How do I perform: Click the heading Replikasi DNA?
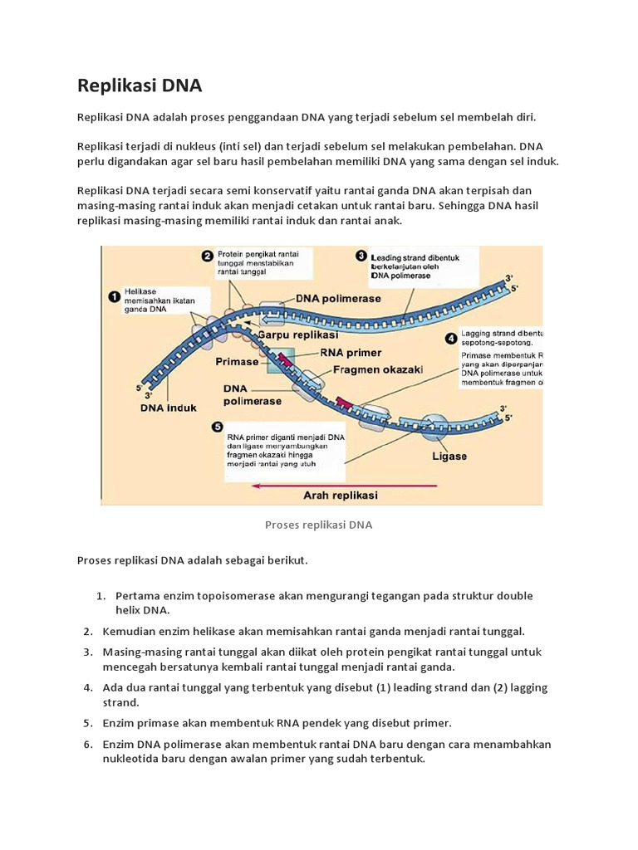point(139,85)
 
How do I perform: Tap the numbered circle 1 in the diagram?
point(114,295)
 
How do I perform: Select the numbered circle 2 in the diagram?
point(207,256)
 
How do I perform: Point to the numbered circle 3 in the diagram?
point(361,256)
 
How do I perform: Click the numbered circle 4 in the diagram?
point(451,338)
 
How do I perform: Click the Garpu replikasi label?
point(297,335)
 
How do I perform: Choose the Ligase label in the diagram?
point(449,456)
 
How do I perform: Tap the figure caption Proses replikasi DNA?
point(318,525)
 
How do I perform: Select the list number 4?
point(87,688)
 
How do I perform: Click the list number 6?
point(87,744)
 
